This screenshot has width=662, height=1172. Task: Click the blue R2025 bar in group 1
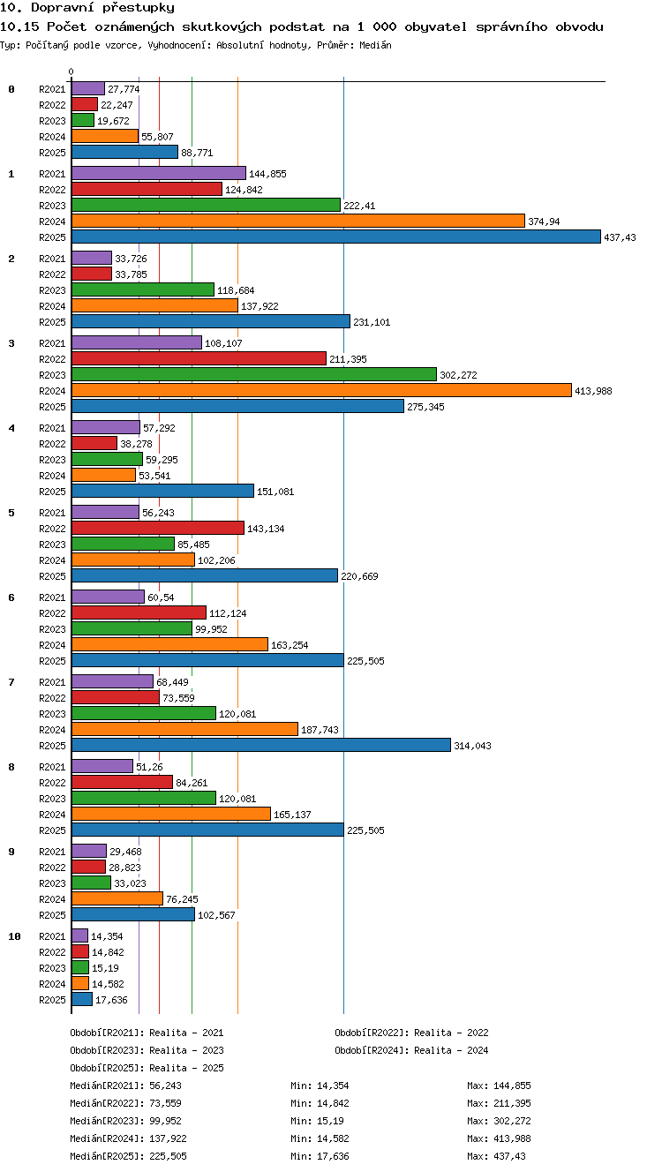pyautogui.click(x=336, y=237)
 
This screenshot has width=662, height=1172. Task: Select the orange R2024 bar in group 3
pyautogui.click(x=321, y=390)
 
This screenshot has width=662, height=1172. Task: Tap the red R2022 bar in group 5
pyautogui.click(x=157, y=528)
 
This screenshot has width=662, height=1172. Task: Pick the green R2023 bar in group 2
pyautogui.click(x=143, y=289)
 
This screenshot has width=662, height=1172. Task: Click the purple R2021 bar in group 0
pyautogui.click(x=88, y=89)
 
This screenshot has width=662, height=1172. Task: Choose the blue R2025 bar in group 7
pyautogui.click(x=261, y=745)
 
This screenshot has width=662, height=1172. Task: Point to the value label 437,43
pyautogui.click(x=621, y=237)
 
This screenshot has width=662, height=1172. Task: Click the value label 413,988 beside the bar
pyautogui.click(x=593, y=391)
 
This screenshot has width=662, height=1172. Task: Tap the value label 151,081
pyautogui.click(x=275, y=492)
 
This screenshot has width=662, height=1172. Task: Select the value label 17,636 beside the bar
pyautogui.click(x=111, y=1000)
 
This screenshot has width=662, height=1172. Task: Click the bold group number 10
pyautogui.click(x=14, y=936)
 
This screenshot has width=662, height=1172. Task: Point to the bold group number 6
pyautogui.click(x=11, y=597)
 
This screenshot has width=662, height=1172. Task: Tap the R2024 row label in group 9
pyautogui.click(x=52, y=899)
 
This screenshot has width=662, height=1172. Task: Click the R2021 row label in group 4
pyautogui.click(x=52, y=428)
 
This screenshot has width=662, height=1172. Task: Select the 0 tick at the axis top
pyautogui.click(x=71, y=71)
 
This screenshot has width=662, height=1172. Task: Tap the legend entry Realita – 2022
pyautogui.click(x=451, y=1033)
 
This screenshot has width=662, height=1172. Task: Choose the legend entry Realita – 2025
pyautogui.click(x=186, y=1068)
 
